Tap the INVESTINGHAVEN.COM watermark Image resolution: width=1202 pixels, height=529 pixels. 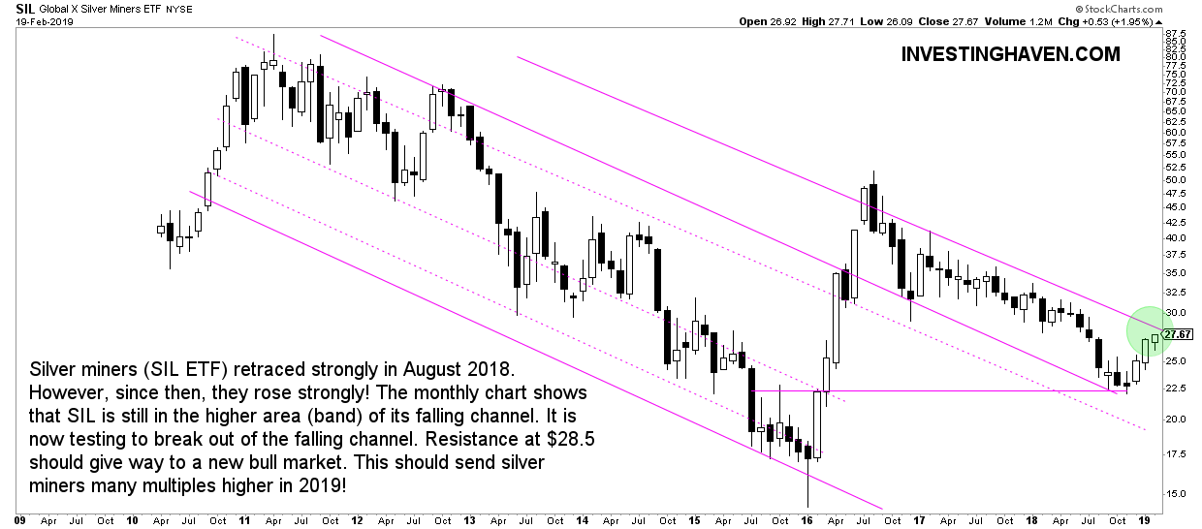1010,54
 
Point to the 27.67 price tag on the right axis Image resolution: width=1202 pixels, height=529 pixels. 1179,334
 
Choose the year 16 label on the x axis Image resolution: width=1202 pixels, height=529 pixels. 807,519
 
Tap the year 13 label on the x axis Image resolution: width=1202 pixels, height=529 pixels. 470,519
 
